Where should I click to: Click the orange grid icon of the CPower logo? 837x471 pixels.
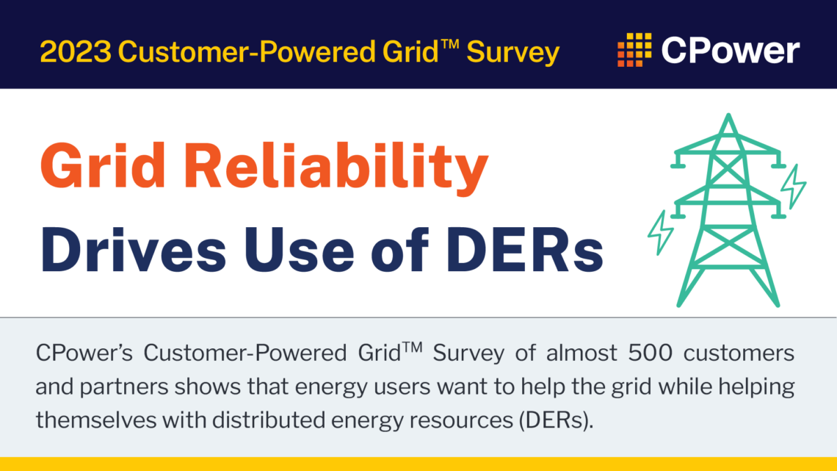[x=634, y=50]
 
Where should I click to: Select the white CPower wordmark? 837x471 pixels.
[x=730, y=51]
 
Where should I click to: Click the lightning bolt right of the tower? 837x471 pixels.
[x=792, y=187]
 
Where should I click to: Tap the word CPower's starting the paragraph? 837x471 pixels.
[x=83, y=353]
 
